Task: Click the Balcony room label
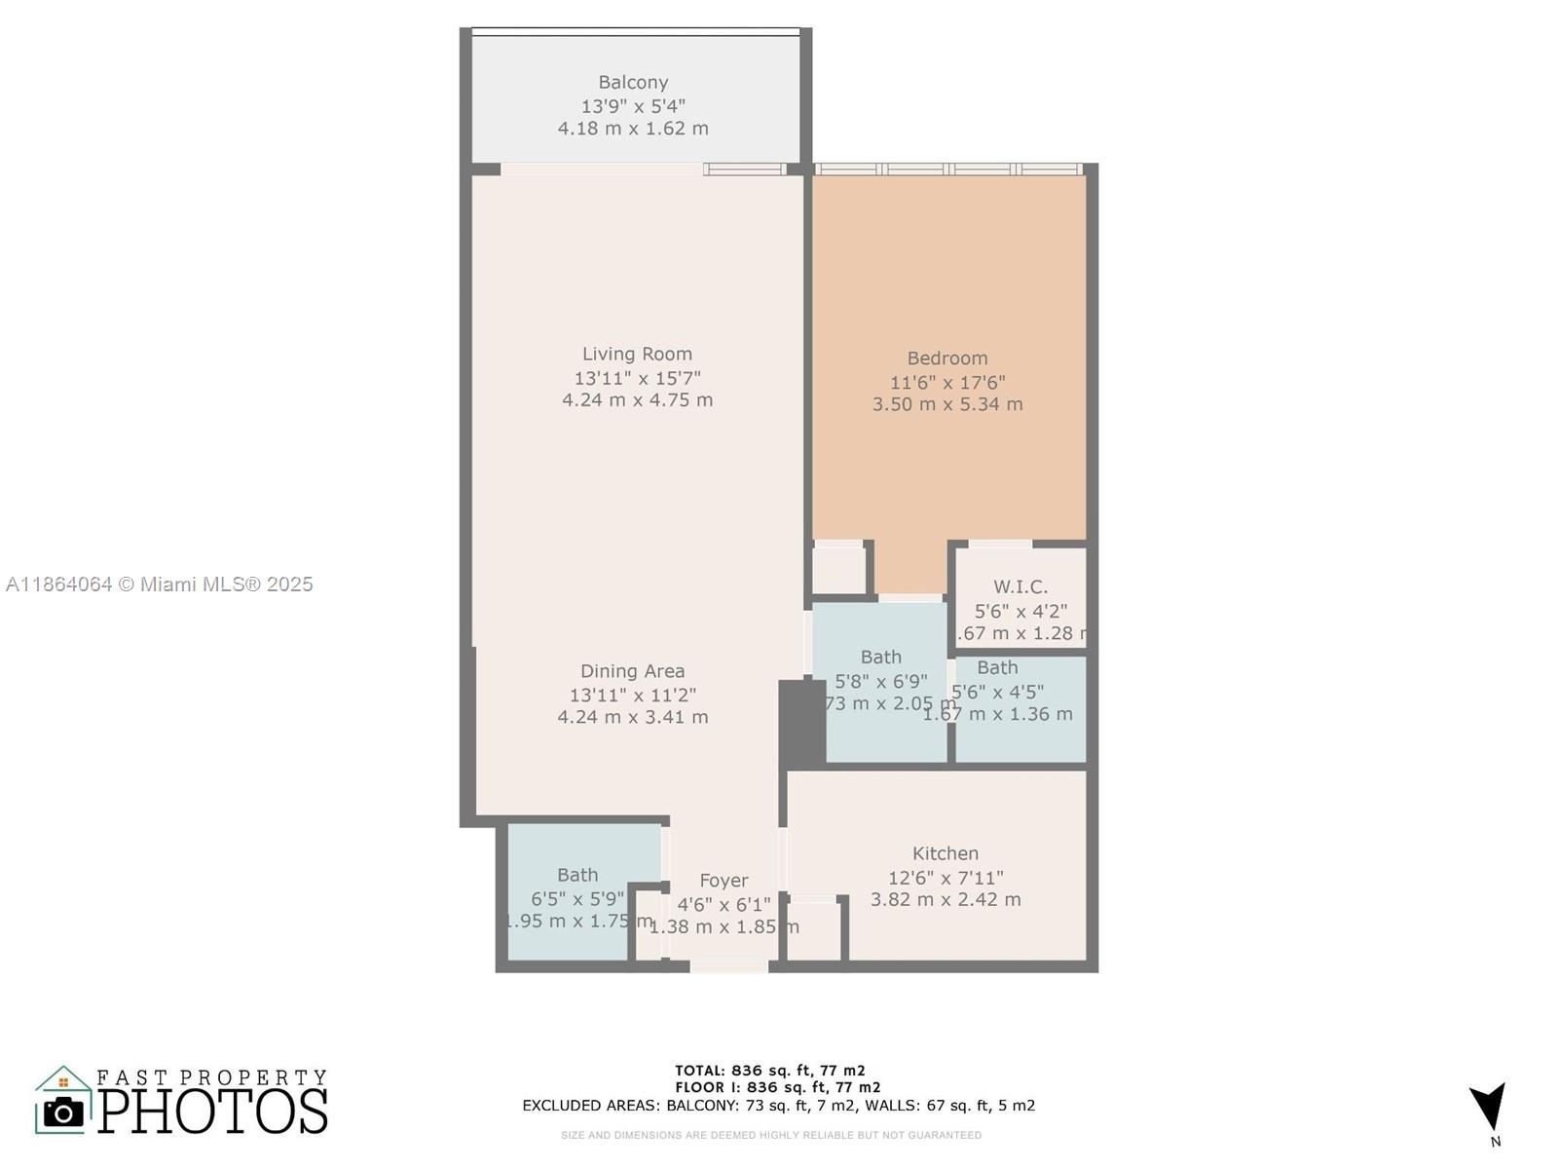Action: click(x=633, y=83)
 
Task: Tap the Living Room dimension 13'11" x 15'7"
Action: click(x=637, y=378)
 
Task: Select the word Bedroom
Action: click(x=946, y=358)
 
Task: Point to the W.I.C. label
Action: click(x=1020, y=587)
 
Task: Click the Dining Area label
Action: click(x=632, y=671)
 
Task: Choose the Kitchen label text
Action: click(x=945, y=853)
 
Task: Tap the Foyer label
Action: click(x=723, y=881)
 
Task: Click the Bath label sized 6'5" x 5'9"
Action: click(x=577, y=875)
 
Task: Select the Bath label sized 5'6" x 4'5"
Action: click(x=997, y=668)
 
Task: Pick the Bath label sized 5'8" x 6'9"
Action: click(x=880, y=658)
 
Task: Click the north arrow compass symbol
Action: click(x=1489, y=1108)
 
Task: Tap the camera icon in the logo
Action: click(x=64, y=1112)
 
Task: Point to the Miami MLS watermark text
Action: click(x=160, y=584)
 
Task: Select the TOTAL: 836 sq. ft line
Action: click(x=769, y=1071)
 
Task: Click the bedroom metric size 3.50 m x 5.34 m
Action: click(x=946, y=404)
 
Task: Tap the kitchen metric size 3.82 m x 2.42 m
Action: click(x=945, y=900)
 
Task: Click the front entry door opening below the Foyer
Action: click(x=728, y=966)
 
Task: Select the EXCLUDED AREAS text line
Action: click(x=778, y=1106)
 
